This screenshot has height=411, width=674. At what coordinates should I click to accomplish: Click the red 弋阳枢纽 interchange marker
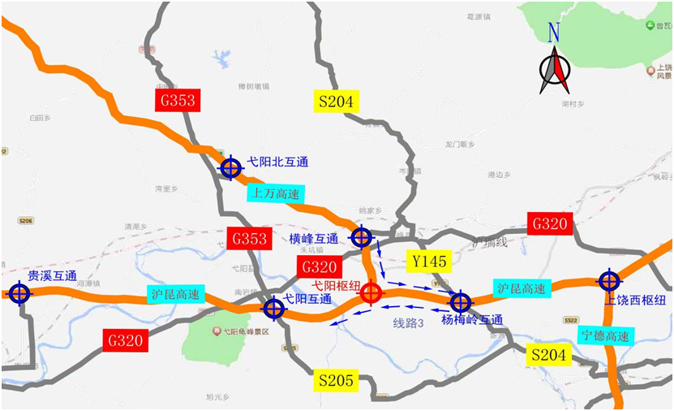click(x=371, y=293)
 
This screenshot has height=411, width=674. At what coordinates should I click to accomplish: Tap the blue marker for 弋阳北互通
click(x=231, y=167)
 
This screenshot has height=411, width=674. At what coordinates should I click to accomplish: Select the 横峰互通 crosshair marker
click(x=361, y=237)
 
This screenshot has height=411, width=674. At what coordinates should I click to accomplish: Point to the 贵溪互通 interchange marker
click(x=18, y=292)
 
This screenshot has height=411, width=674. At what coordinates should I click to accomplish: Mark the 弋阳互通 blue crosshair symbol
click(x=274, y=308)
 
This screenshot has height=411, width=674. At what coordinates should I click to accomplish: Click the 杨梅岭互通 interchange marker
click(x=461, y=302)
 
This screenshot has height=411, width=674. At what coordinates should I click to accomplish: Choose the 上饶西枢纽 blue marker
click(x=609, y=281)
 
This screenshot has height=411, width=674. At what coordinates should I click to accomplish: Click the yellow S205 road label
click(x=336, y=379)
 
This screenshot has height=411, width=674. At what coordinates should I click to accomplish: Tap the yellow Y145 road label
click(x=429, y=261)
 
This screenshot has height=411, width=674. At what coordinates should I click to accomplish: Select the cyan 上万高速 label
click(x=273, y=193)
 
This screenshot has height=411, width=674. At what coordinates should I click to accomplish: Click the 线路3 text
click(x=410, y=323)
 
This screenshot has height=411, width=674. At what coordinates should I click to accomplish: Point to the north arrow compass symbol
click(x=555, y=70)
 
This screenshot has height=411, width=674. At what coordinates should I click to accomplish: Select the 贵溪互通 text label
click(x=52, y=276)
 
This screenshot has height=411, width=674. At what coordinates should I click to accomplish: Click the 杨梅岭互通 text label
click(x=472, y=320)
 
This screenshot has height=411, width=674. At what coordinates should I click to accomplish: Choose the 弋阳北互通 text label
click(x=278, y=162)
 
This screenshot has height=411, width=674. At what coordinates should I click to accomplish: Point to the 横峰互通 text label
click(x=314, y=239)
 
